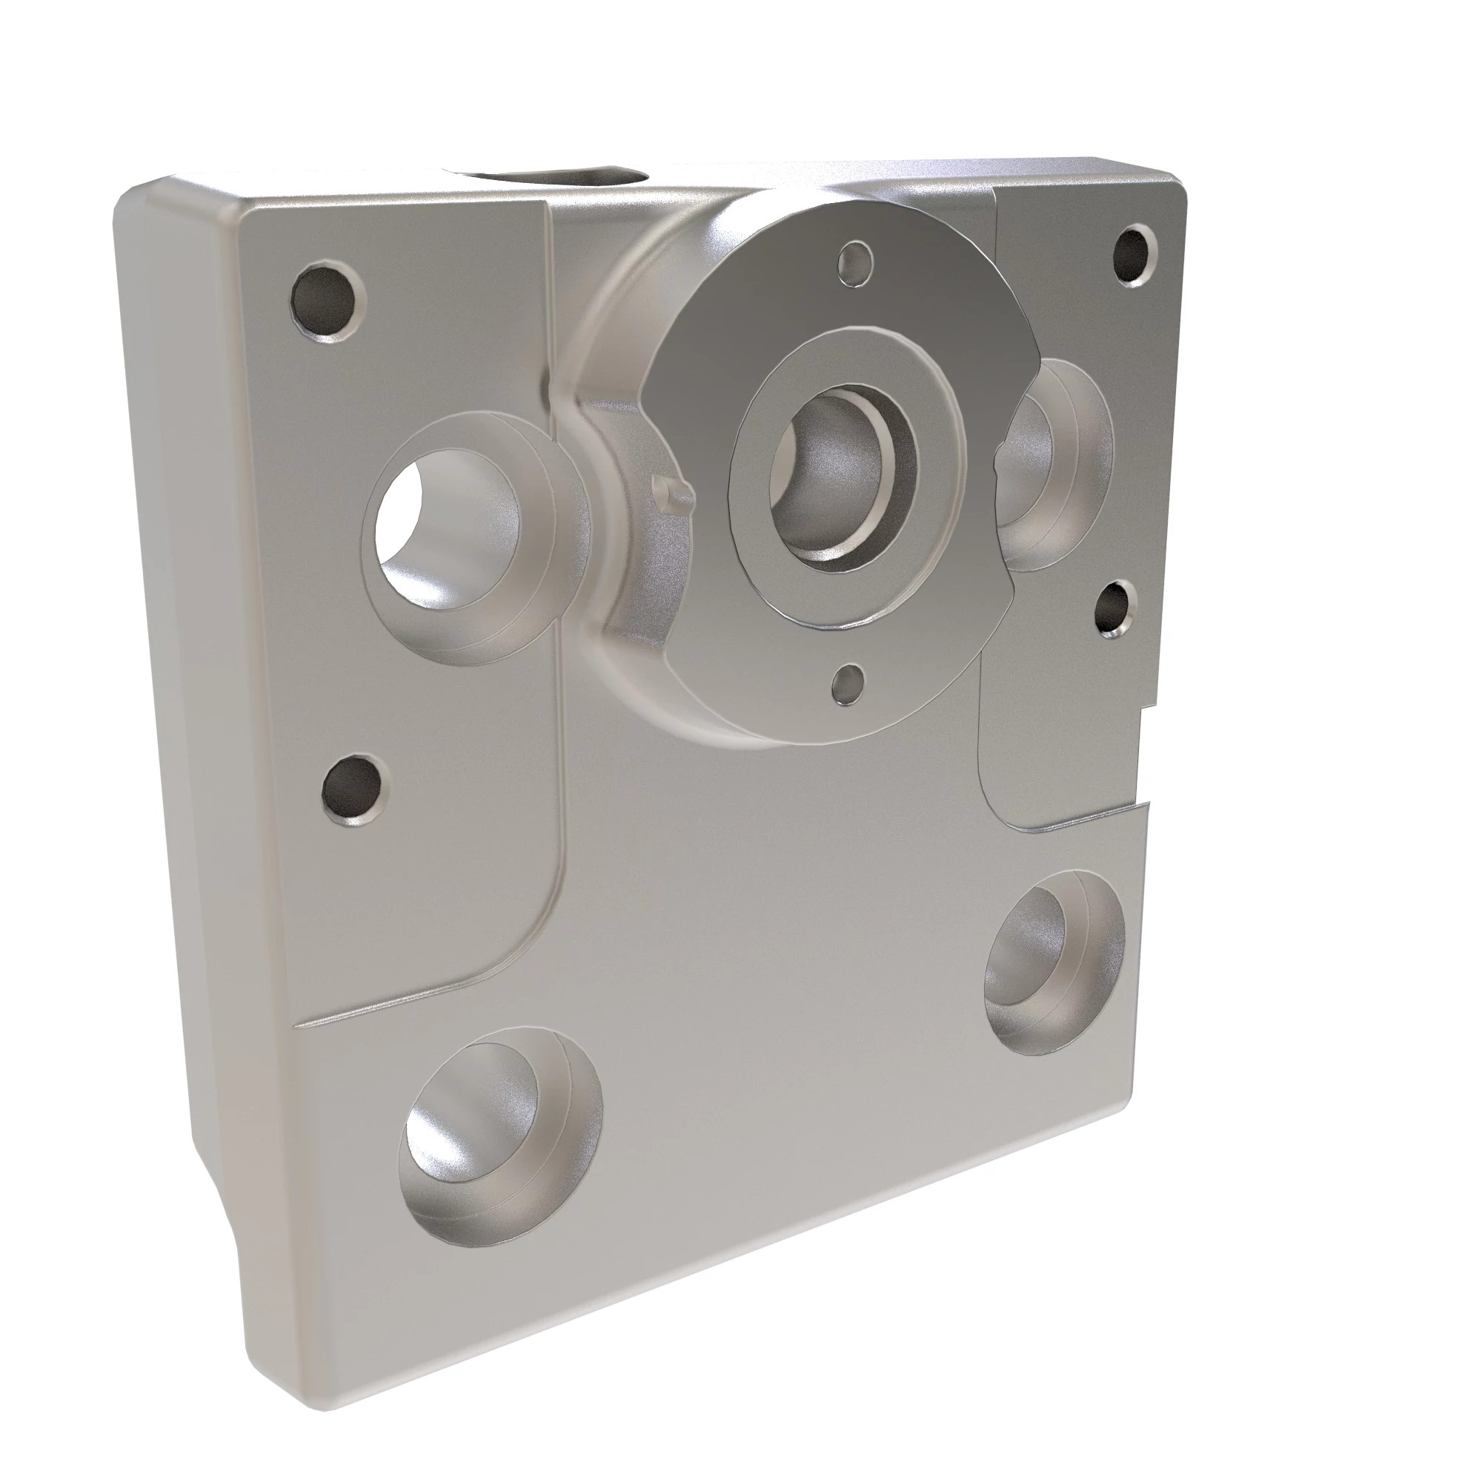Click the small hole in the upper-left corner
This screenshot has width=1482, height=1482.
coord(328,300)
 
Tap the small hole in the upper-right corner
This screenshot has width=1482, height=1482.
coord(1134,256)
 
